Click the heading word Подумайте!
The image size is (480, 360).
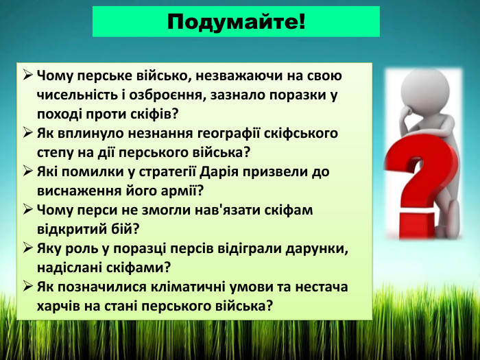[x=236, y=21]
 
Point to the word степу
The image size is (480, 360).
[x=56, y=152]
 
